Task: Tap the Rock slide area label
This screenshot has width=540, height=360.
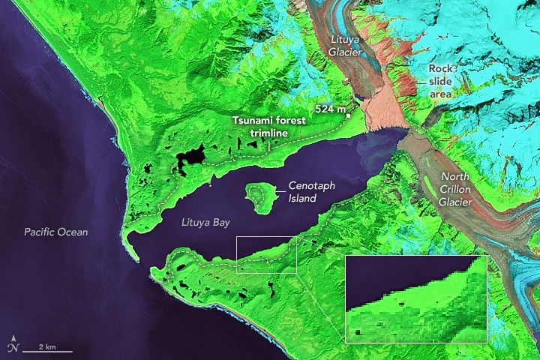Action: [442, 81]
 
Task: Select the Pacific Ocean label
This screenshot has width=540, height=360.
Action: [55, 232]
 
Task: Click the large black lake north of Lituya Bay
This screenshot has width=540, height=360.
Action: [190, 157]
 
